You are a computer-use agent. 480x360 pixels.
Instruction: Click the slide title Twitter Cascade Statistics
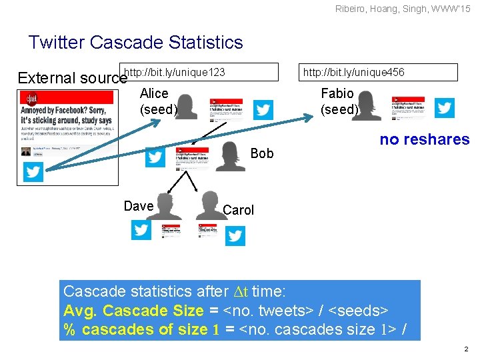(x=135, y=43)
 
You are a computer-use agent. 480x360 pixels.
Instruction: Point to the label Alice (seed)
(x=157, y=101)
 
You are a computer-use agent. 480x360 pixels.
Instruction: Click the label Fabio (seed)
(x=339, y=101)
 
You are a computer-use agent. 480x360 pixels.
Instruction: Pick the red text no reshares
(x=424, y=139)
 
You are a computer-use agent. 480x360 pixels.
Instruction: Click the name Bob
(x=262, y=153)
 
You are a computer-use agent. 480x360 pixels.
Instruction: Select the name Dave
(x=139, y=206)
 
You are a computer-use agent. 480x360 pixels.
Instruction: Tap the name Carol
(x=238, y=210)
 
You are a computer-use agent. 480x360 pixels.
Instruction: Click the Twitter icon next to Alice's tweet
(x=263, y=109)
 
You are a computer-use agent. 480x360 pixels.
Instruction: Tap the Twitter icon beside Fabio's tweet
(x=444, y=108)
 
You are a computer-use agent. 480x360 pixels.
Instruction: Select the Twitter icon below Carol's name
(x=235, y=235)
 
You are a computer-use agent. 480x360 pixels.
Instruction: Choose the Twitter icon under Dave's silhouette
(x=141, y=230)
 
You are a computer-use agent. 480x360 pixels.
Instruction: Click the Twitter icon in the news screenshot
(x=33, y=172)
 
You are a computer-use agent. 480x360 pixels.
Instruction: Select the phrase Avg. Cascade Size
(x=133, y=311)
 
